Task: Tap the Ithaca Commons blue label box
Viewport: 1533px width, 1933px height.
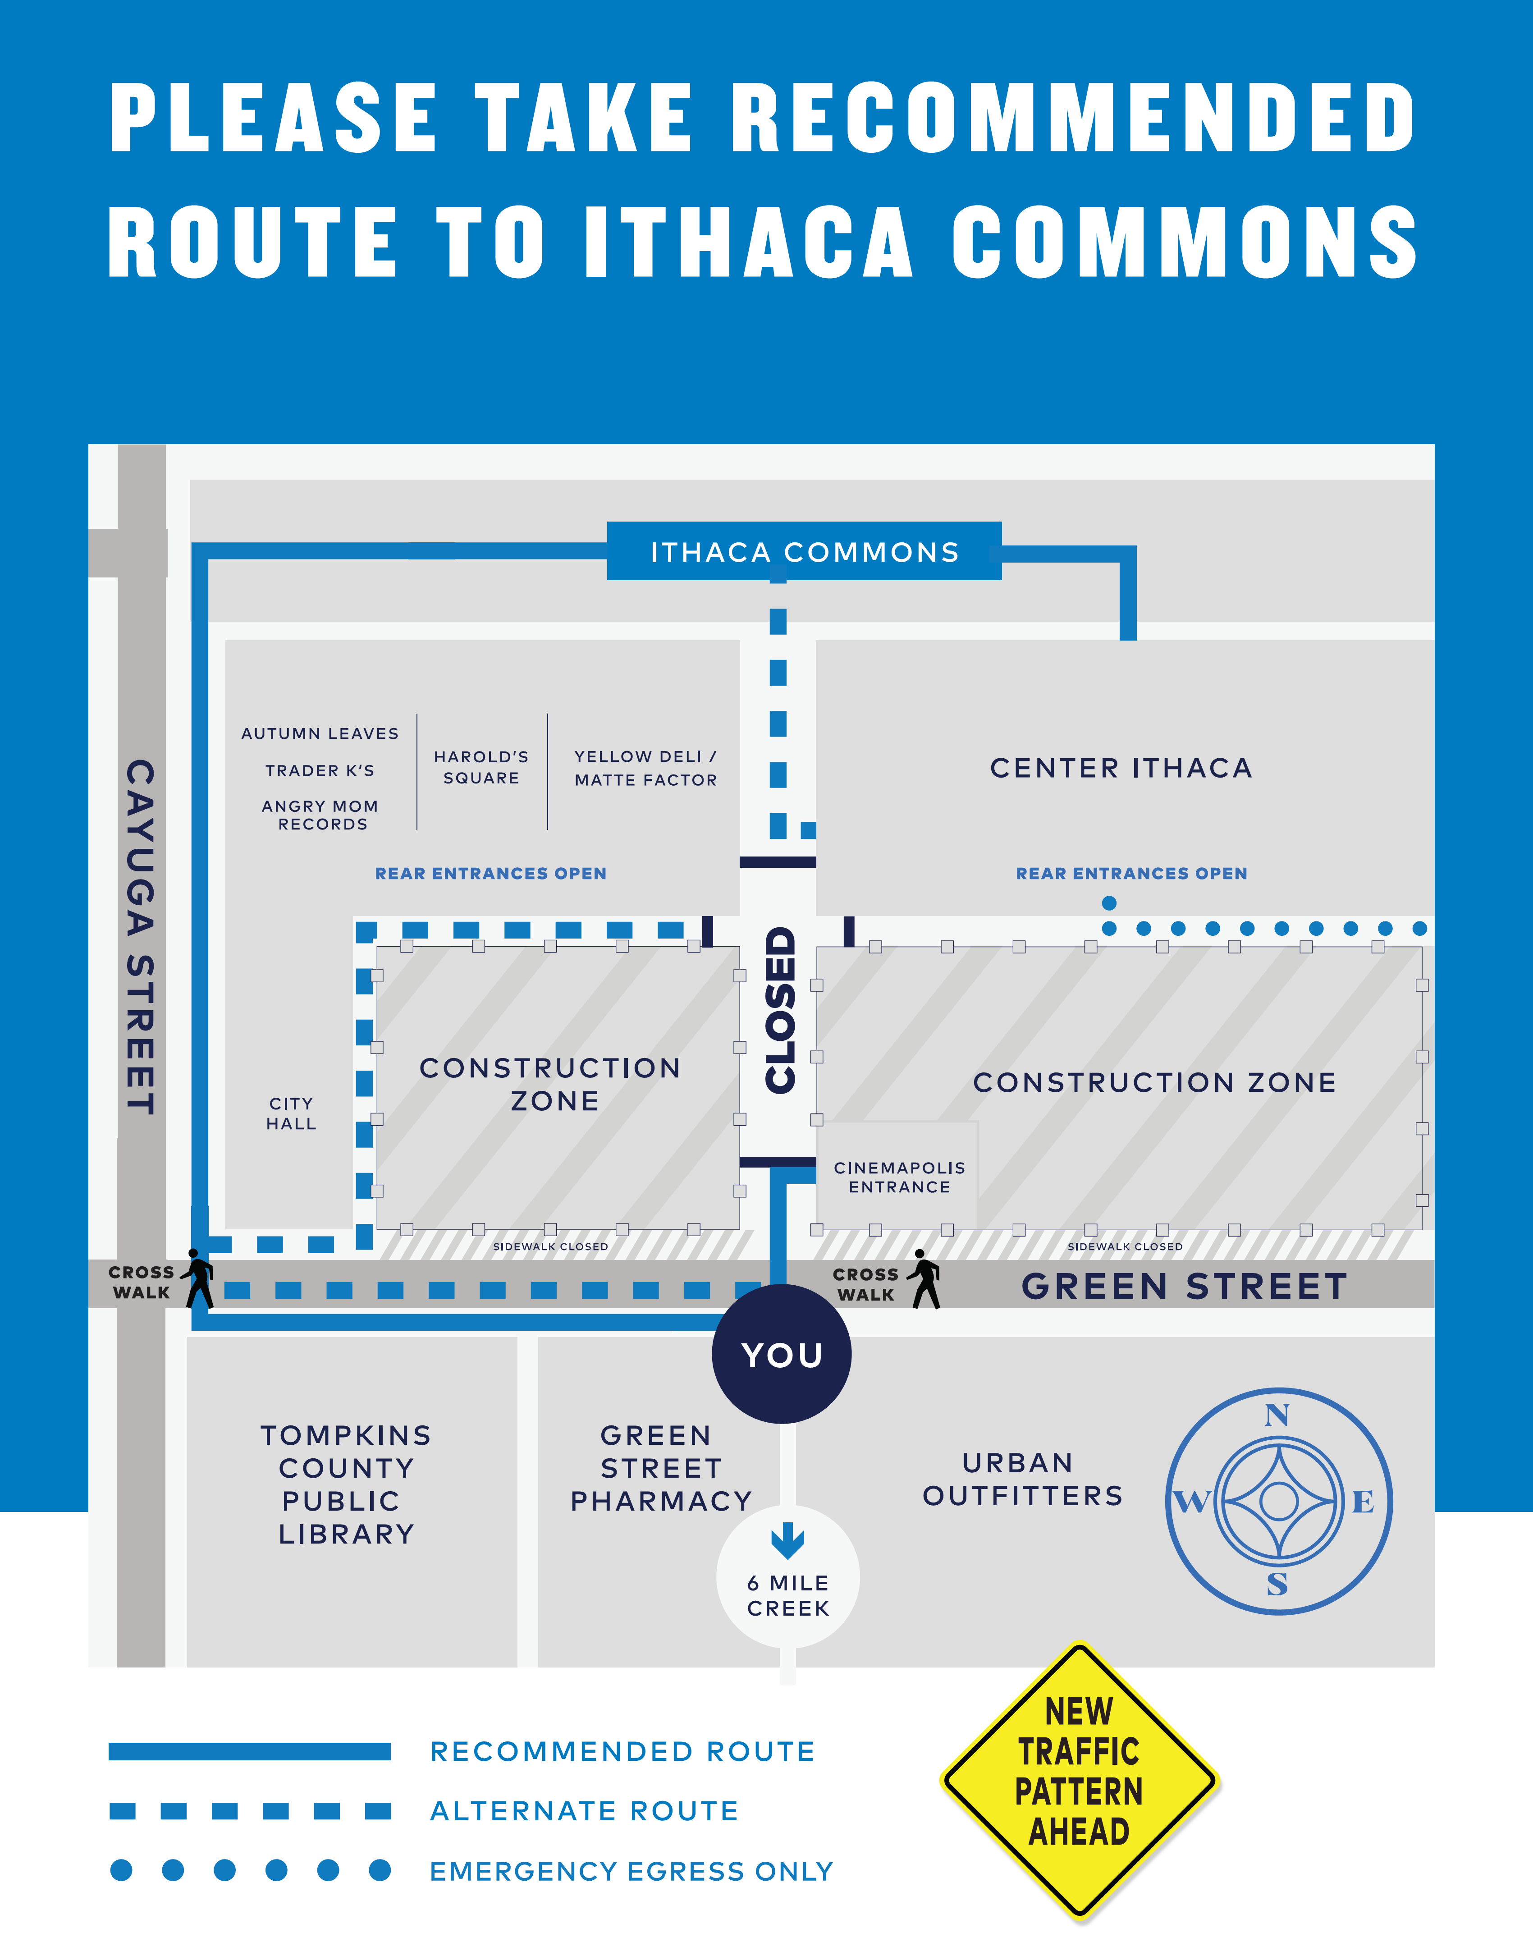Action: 804,551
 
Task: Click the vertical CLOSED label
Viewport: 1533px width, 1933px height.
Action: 780,1010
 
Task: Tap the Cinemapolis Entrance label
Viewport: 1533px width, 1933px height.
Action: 899,1177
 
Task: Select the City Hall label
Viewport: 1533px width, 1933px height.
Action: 291,1113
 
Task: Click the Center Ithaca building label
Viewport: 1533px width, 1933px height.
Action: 1121,768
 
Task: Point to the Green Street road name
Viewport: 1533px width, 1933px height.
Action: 1184,1287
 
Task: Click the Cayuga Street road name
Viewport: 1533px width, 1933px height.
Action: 141,937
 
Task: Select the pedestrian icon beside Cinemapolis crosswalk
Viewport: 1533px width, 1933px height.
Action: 924,1279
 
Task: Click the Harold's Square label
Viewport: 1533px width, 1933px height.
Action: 481,767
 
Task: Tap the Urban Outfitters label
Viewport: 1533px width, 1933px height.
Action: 1022,1480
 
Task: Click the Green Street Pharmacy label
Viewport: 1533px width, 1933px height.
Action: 661,1468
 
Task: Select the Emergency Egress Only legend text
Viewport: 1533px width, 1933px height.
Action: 631,1871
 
